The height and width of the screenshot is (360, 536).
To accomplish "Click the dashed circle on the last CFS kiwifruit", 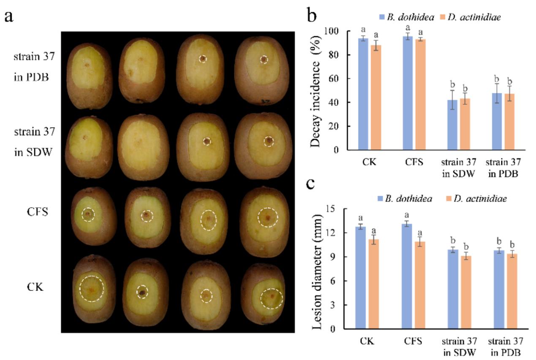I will pyautogui.click(x=268, y=217).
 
